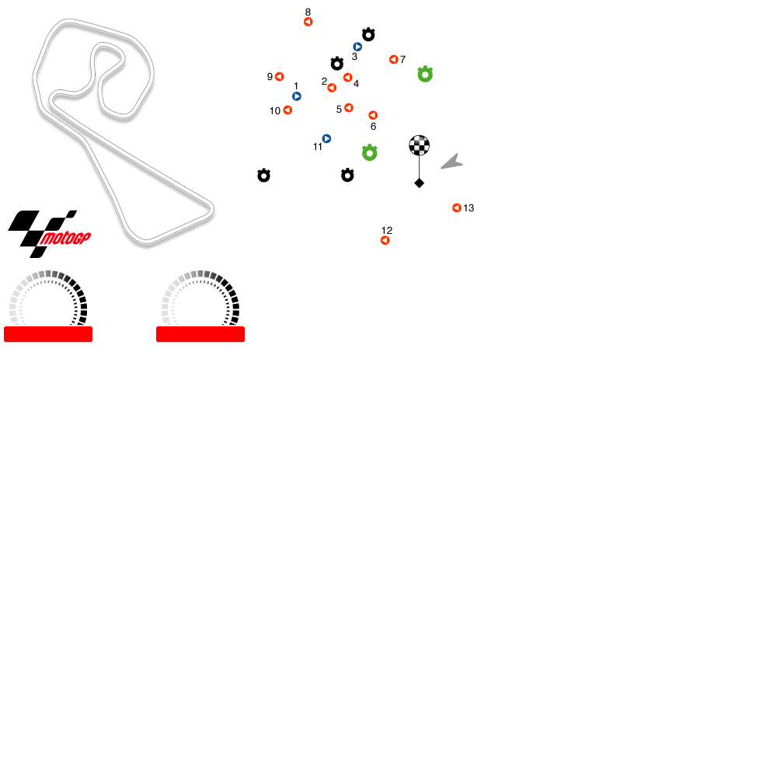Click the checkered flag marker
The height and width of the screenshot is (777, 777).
[x=420, y=145]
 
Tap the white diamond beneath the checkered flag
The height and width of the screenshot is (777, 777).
[x=420, y=183]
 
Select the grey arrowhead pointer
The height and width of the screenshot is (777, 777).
[x=452, y=162]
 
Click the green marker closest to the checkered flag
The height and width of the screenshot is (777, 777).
[x=370, y=153]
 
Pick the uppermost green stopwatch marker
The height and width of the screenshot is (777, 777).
[x=425, y=75]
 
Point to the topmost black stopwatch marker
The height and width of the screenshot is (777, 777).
[x=368, y=35]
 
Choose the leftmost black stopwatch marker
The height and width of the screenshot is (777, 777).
[x=264, y=176]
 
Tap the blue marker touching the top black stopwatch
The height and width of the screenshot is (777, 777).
[x=357, y=47]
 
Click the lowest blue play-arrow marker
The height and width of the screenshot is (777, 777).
[x=327, y=139]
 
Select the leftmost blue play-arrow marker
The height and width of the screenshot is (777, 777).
[x=297, y=96]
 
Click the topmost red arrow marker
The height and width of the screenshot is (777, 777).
[x=308, y=22]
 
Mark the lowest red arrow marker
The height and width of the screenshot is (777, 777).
[x=385, y=241]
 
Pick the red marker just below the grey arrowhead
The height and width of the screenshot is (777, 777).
[x=457, y=208]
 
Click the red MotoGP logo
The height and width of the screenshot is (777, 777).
[x=65, y=239]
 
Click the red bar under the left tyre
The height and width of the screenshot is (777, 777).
[x=48, y=334]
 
